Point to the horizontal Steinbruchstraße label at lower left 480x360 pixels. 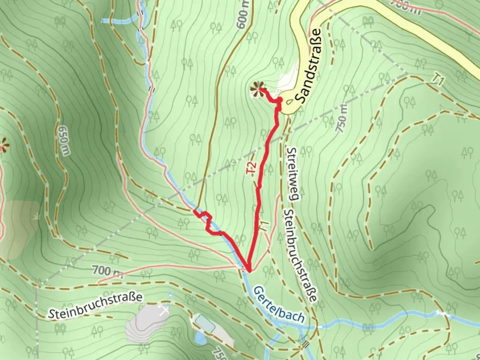coord(95,306)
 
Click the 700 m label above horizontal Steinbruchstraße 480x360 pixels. coord(107,271)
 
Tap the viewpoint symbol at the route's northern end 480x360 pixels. coord(257,89)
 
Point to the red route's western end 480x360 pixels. coord(195,211)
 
